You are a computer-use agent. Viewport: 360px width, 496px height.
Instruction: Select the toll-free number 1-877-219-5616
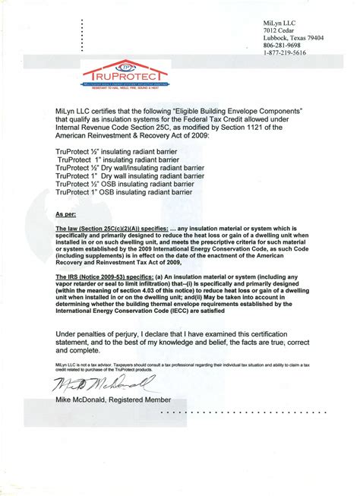coord(286,53)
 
